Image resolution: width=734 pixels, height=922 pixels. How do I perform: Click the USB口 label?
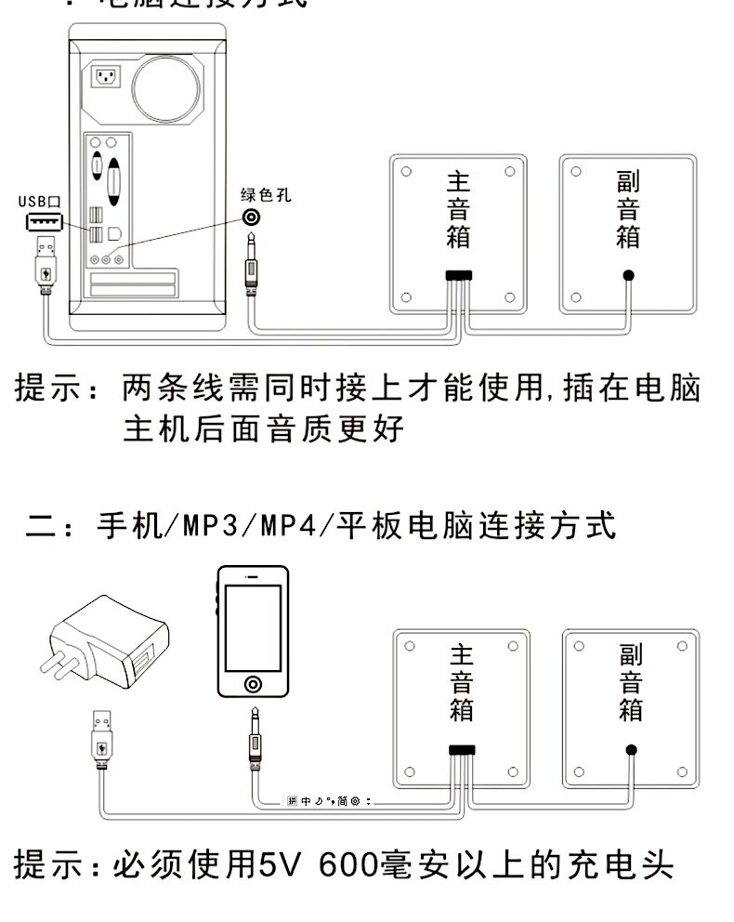[40, 201]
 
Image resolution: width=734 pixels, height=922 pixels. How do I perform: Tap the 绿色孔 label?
[267, 194]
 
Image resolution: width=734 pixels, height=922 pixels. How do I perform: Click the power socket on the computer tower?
[105, 78]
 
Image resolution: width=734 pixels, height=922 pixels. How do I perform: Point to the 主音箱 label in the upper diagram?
[458, 209]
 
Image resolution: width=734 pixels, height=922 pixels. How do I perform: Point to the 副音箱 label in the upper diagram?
[628, 209]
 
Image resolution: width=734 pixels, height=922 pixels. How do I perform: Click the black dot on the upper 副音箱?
[628, 275]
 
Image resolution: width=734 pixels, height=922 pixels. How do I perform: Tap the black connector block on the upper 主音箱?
[458, 275]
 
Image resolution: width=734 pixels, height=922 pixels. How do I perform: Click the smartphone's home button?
[252, 685]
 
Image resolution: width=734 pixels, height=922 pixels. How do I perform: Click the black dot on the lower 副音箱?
[631, 749]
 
